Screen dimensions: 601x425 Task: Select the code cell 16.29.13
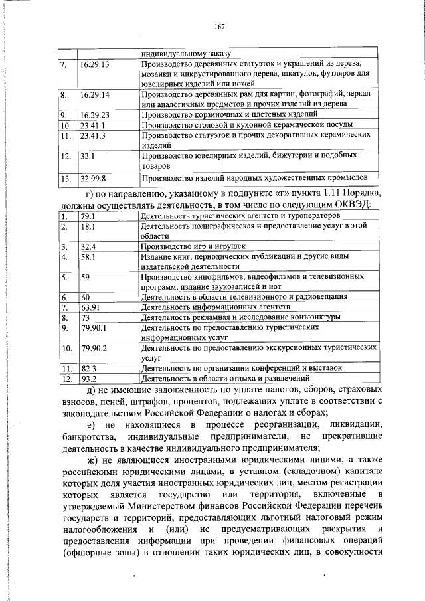(x=94, y=65)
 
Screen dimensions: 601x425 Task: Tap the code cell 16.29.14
(x=94, y=95)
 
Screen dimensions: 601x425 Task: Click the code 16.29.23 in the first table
(x=94, y=115)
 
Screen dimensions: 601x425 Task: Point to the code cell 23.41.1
(x=92, y=125)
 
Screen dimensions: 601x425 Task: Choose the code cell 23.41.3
(x=92, y=135)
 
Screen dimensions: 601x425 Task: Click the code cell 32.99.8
(x=92, y=178)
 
